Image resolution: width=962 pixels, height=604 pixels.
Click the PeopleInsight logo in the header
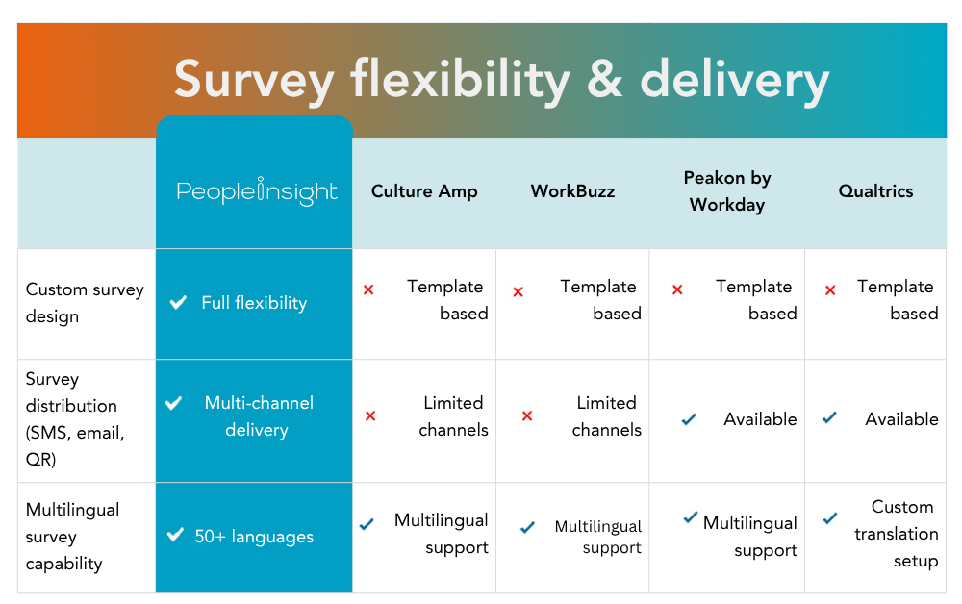tap(257, 191)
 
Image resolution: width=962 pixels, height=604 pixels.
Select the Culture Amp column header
tap(424, 191)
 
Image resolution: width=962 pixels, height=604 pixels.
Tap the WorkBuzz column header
tap(572, 191)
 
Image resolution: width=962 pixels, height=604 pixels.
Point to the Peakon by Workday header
tap(727, 191)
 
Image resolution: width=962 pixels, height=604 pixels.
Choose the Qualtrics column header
tap(875, 191)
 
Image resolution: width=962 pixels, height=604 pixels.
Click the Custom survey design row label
tap(85, 303)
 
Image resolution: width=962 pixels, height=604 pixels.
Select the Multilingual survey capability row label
tap(73, 536)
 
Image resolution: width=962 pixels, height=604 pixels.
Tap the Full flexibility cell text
tap(254, 303)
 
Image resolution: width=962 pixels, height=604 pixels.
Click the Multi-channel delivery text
tap(258, 416)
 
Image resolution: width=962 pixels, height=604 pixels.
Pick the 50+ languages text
tap(254, 537)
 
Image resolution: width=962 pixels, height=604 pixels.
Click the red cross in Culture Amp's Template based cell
tap(368, 289)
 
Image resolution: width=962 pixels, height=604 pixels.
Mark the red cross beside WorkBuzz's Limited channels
tap(527, 416)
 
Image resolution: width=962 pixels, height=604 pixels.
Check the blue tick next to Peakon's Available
tap(689, 419)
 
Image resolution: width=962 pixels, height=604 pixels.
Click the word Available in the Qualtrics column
tap(901, 419)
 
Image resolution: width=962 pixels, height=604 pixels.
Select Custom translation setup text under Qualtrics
tap(896, 534)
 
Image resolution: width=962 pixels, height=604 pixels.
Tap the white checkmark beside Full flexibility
tap(178, 303)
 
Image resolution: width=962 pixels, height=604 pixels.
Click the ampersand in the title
tap(604, 80)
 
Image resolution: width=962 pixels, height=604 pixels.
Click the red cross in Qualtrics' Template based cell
tap(831, 289)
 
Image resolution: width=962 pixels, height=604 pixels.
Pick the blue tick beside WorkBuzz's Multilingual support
tap(527, 528)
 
